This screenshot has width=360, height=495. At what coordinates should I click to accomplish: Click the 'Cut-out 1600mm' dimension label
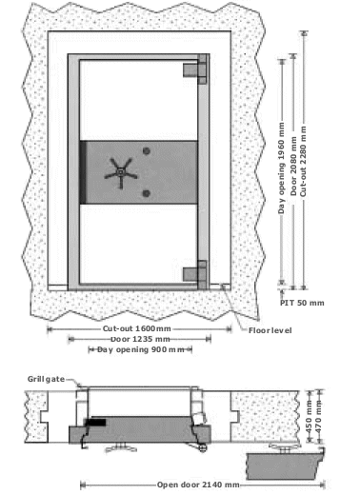[137, 328]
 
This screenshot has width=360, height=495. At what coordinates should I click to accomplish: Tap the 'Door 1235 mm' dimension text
[140, 339]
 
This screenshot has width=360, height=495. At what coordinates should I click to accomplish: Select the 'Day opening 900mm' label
[141, 349]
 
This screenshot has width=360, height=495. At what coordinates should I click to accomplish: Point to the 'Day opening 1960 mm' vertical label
[281, 168]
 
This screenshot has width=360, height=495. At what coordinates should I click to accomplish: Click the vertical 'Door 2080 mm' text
[293, 166]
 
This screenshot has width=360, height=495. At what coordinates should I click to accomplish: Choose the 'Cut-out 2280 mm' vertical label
[304, 161]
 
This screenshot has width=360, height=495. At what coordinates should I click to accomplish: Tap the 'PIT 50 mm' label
[302, 303]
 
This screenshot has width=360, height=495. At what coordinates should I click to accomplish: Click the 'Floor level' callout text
[270, 330]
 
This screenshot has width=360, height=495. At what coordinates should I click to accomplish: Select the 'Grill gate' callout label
[46, 379]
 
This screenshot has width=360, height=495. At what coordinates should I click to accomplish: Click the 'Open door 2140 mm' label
[198, 485]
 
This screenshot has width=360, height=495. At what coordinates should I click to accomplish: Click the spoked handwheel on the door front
[121, 173]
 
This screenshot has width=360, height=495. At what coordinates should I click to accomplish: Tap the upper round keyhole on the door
[146, 151]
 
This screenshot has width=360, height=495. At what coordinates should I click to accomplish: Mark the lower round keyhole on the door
[146, 193]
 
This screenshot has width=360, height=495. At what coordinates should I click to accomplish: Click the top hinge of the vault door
[195, 69]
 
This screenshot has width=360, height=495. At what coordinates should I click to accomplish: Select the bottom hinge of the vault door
[195, 274]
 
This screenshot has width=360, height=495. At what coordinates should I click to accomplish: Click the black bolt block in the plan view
[96, 423]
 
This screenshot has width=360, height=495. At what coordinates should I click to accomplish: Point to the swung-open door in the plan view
[285, 465]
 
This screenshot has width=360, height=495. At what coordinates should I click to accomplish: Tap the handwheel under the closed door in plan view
[121, 447]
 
